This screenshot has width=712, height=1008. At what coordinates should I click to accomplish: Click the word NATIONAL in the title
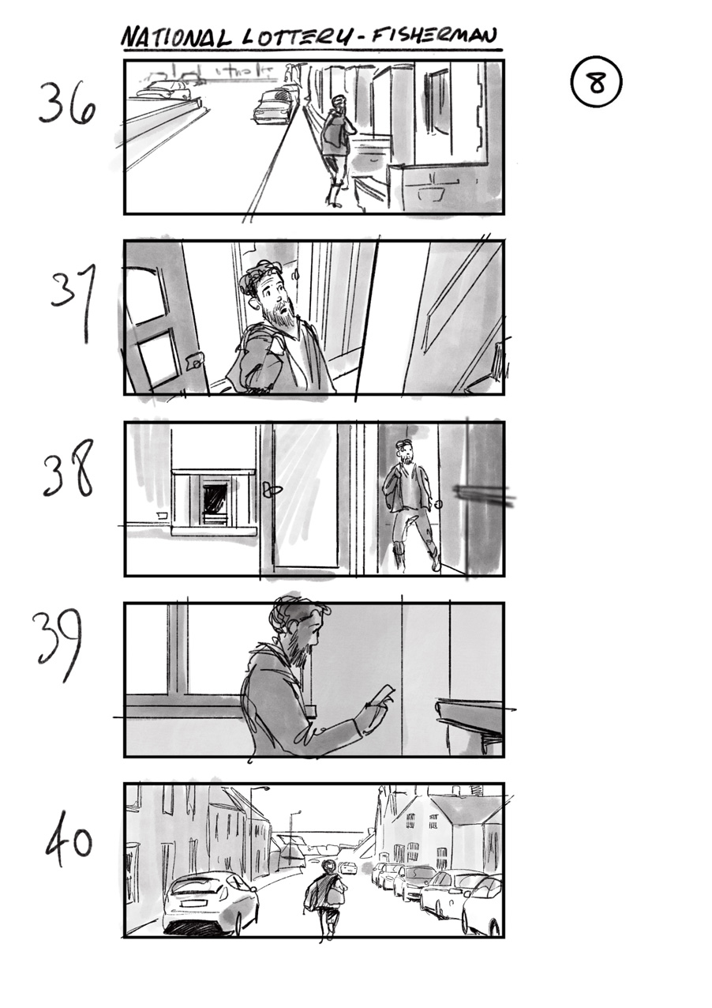175,36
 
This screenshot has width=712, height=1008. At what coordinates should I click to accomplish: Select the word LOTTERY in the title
289,37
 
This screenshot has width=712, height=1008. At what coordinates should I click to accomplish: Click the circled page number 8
596,83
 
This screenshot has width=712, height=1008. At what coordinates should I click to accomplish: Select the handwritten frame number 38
69,469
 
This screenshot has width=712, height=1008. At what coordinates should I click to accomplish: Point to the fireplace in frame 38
214,502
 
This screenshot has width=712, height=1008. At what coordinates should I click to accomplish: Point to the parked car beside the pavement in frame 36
273,107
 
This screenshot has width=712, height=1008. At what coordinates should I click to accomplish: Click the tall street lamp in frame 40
253,829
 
